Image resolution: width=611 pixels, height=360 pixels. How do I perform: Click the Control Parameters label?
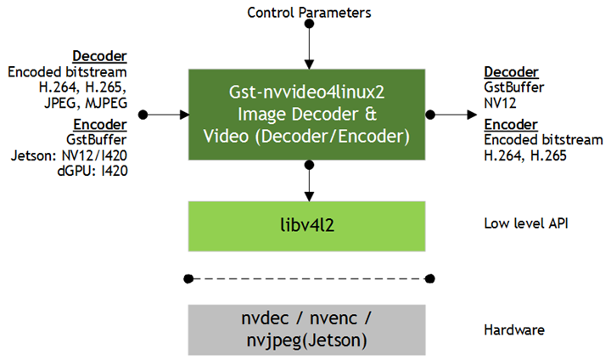click(x=309, y=12)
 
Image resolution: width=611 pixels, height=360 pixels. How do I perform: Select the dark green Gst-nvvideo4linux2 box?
click(x=309, y=114)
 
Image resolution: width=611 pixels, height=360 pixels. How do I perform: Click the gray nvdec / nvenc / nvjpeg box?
click(x=309, y=329)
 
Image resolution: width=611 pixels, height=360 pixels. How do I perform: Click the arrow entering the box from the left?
click(x=165, y=114)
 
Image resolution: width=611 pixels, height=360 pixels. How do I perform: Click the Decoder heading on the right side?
click(x=510, y=73)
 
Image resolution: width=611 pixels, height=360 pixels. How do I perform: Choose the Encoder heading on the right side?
click(x=510, y=125)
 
